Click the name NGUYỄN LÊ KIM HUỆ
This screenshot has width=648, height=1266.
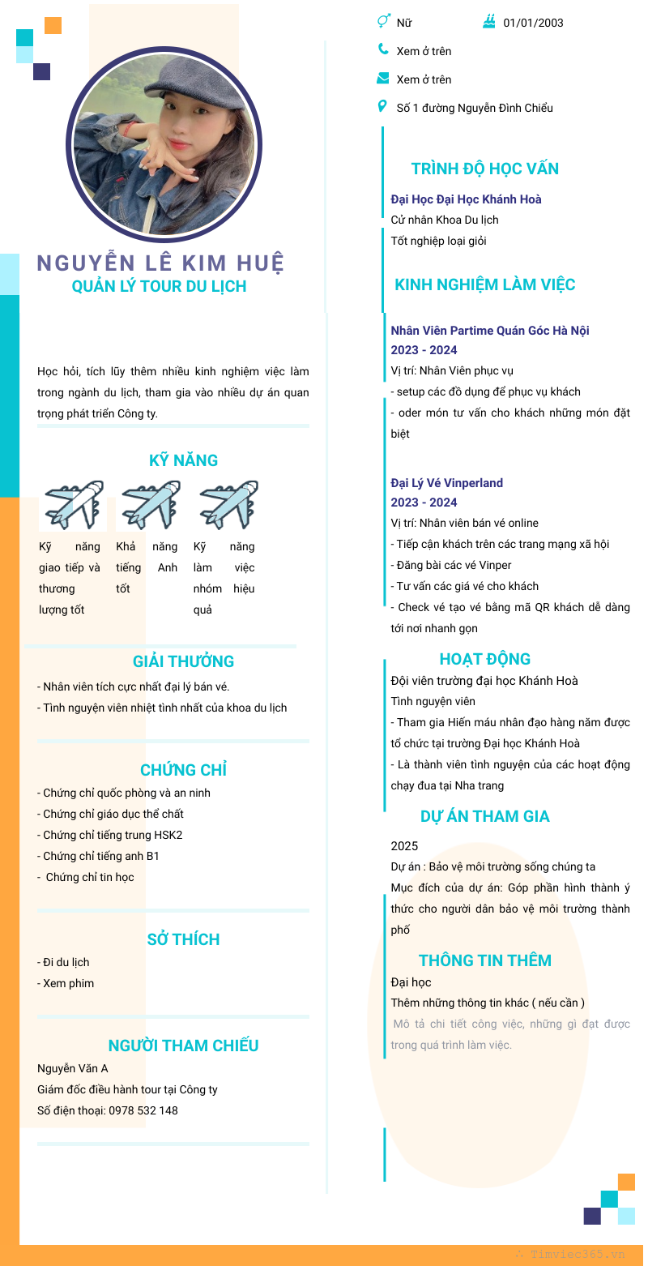(160, 263)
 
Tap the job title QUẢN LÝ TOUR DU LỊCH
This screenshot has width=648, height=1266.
(159, 286)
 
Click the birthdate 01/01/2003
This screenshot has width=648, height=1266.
(533, 23)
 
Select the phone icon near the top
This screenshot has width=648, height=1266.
(383, 49)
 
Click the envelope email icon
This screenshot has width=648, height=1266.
(383, 79)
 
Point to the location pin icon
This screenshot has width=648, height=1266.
(382, 107)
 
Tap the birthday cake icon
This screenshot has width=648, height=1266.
(488, 22)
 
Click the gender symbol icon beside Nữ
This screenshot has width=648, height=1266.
(384, 21)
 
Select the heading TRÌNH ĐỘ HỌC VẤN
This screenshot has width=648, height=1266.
(484, 169)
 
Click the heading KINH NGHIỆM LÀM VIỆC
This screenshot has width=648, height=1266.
(484, 284)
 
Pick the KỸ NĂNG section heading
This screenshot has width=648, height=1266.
(183, 460)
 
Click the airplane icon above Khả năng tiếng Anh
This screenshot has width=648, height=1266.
(151, 504)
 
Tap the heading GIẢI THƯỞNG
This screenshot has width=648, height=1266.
(183, 661)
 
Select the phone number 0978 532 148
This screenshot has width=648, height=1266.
(143, 1110)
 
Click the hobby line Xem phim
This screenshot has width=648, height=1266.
(69, 983)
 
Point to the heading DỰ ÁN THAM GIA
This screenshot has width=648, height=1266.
(484, 816)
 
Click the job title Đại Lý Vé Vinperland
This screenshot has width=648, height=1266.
(446, 483)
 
